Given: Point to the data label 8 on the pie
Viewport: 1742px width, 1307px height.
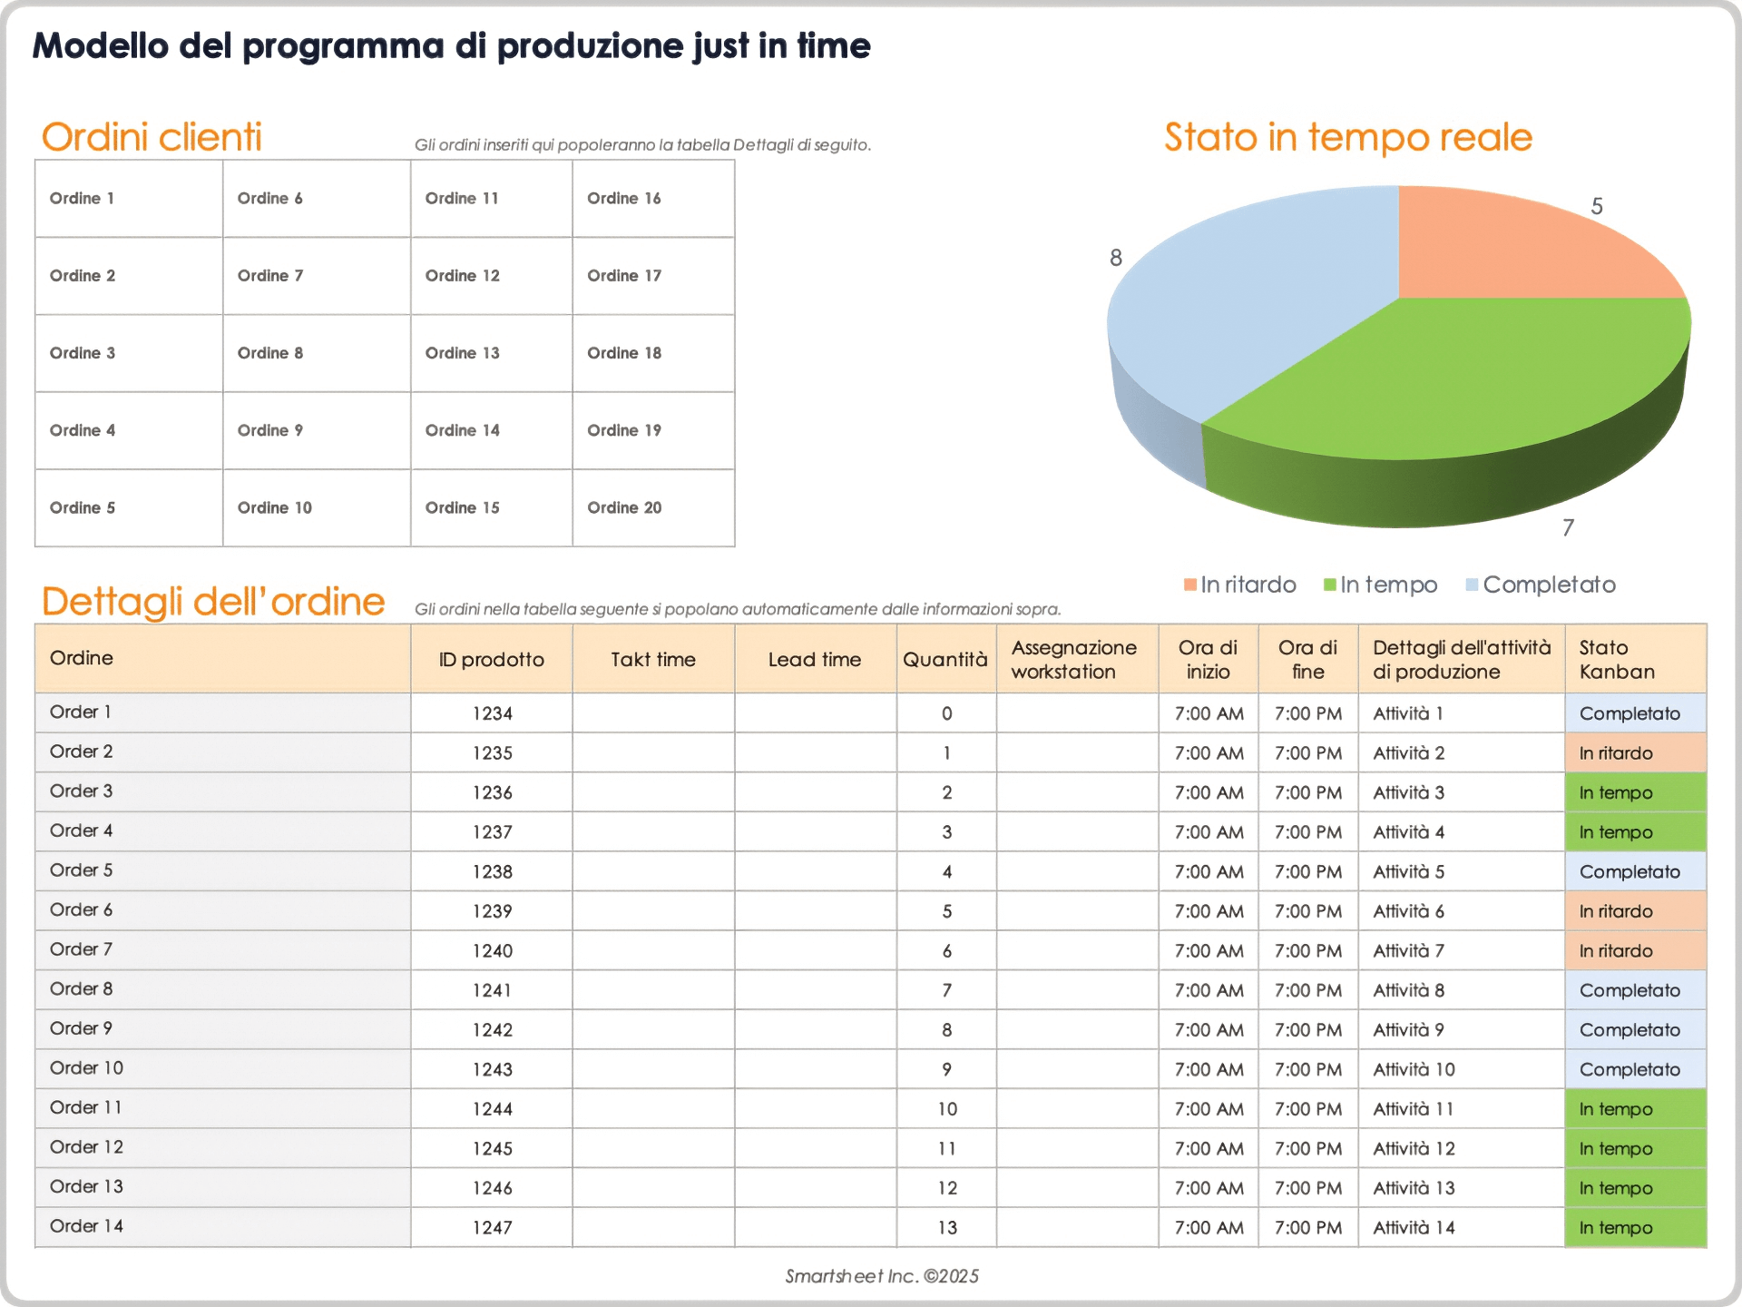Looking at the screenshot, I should coord(1116,258).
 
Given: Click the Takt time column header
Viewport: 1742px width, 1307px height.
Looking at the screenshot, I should coord(652,660).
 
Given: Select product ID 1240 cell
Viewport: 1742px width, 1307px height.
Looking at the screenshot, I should coord(492,950).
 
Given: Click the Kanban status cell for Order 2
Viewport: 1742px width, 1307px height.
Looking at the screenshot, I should coord(1634,753).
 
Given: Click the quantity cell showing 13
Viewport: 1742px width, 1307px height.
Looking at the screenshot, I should coord(946,1227).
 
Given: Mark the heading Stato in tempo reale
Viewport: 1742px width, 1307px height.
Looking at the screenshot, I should coord(1347,137).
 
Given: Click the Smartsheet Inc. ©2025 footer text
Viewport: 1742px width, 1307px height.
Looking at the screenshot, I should coord(881,1276).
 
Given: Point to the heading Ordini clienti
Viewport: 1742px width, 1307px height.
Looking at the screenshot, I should coord(152,137).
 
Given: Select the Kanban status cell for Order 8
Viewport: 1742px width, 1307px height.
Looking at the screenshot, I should coord(1634,990).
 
